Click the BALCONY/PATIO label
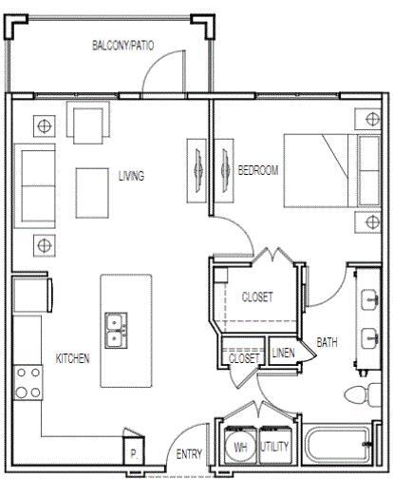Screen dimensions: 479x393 click(x=124, y=45)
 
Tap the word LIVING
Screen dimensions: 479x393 click(x=131, y=176)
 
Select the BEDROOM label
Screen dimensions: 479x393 click(x=257, y=170)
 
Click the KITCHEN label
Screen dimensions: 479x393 click(x=73, y=358)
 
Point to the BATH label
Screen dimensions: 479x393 click(x=327, y=342)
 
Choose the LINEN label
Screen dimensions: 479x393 click(x=283, y=354)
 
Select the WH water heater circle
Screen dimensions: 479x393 click(x=239, y=445)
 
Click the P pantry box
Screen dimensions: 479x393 click(x=134, y=453)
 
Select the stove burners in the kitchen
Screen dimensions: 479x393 click(x=28, y=381)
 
